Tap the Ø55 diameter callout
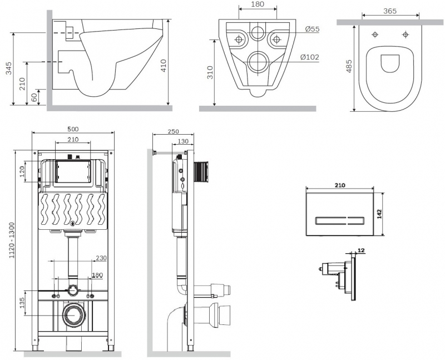click(311, 29)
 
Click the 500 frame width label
click(73, 129)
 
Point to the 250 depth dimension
click(173, 131)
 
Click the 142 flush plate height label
click(380, 214)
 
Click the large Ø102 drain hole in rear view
click(258, 62)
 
